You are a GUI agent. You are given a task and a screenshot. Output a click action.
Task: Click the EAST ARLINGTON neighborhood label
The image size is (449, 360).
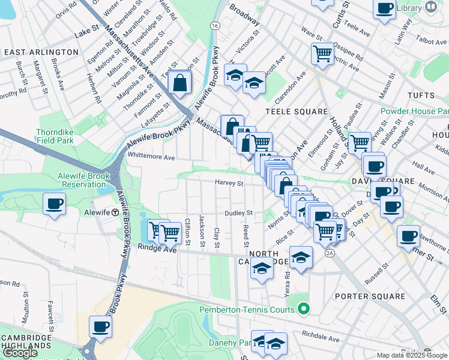point(41,52)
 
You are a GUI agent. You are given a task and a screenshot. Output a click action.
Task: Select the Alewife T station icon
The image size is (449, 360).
point(115,213)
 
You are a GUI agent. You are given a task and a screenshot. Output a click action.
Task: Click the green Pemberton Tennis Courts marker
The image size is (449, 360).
point(304,310)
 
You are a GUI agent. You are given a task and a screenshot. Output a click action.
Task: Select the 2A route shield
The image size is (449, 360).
point(330,254)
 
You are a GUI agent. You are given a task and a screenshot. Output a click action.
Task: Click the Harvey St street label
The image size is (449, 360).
point(229,184)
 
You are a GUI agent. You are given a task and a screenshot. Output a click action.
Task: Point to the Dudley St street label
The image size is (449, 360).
point(238,213)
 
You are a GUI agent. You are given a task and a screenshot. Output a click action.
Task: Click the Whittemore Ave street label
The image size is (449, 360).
point(151,157)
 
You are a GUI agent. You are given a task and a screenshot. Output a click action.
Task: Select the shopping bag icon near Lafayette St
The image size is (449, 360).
point(179,83)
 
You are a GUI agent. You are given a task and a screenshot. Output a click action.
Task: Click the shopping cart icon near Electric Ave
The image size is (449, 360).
point(322,53)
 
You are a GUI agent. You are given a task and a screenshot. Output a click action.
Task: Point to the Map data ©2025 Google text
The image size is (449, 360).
point(411,355)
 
